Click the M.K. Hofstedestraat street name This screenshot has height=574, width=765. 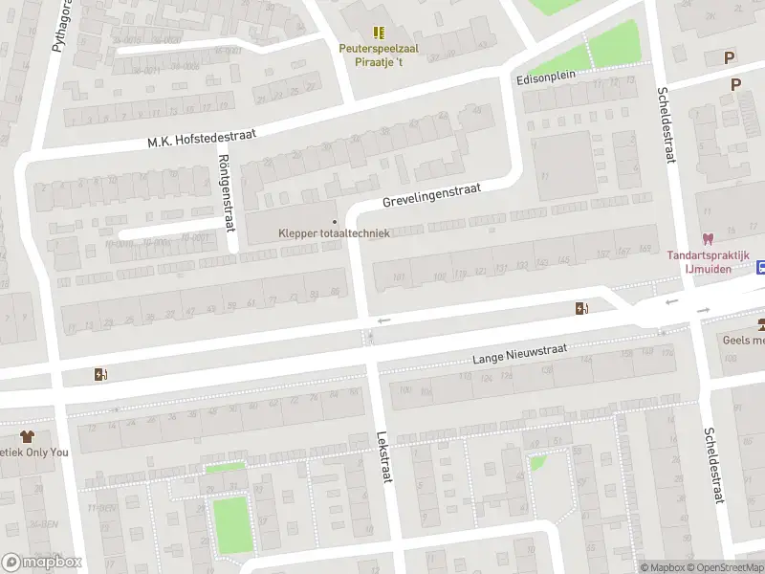[x=201, y=138]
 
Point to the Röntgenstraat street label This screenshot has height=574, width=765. [x=226, y=191]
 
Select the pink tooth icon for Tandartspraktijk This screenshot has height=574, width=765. [x=708, y=239]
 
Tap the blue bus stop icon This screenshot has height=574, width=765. [x=761, y=267]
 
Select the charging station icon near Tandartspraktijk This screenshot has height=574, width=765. [x=580, y=307]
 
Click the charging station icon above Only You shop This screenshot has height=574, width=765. [x=99, y=374]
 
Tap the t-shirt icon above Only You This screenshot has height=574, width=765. [x=27, y=435]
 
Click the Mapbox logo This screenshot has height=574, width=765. [x=42, y=562]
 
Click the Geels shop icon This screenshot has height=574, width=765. [x=760, y=323]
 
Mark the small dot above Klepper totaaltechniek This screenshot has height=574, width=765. [x=334, y=221]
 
